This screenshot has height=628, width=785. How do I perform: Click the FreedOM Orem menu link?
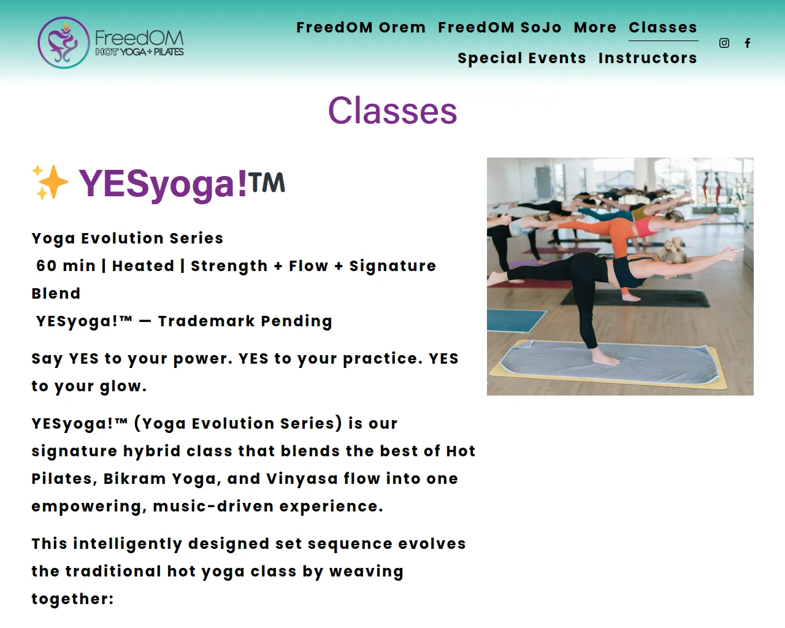361,28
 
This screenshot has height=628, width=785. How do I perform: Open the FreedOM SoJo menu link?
499,28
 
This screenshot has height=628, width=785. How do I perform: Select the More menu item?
595,28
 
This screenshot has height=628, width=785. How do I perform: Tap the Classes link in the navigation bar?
663,28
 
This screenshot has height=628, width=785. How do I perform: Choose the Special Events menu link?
522,58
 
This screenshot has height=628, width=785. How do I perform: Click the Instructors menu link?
648,58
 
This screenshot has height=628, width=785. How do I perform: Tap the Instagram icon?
724,43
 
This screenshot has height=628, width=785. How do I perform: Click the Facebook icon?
748,43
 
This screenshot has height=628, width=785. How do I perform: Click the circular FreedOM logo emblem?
63,43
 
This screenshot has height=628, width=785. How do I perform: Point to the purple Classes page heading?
392,110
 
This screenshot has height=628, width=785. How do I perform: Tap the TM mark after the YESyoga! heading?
267,182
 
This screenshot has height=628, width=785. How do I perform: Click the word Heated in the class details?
143,266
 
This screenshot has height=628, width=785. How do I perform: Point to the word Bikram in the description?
134,479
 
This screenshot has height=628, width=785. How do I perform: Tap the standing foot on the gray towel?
605,358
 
